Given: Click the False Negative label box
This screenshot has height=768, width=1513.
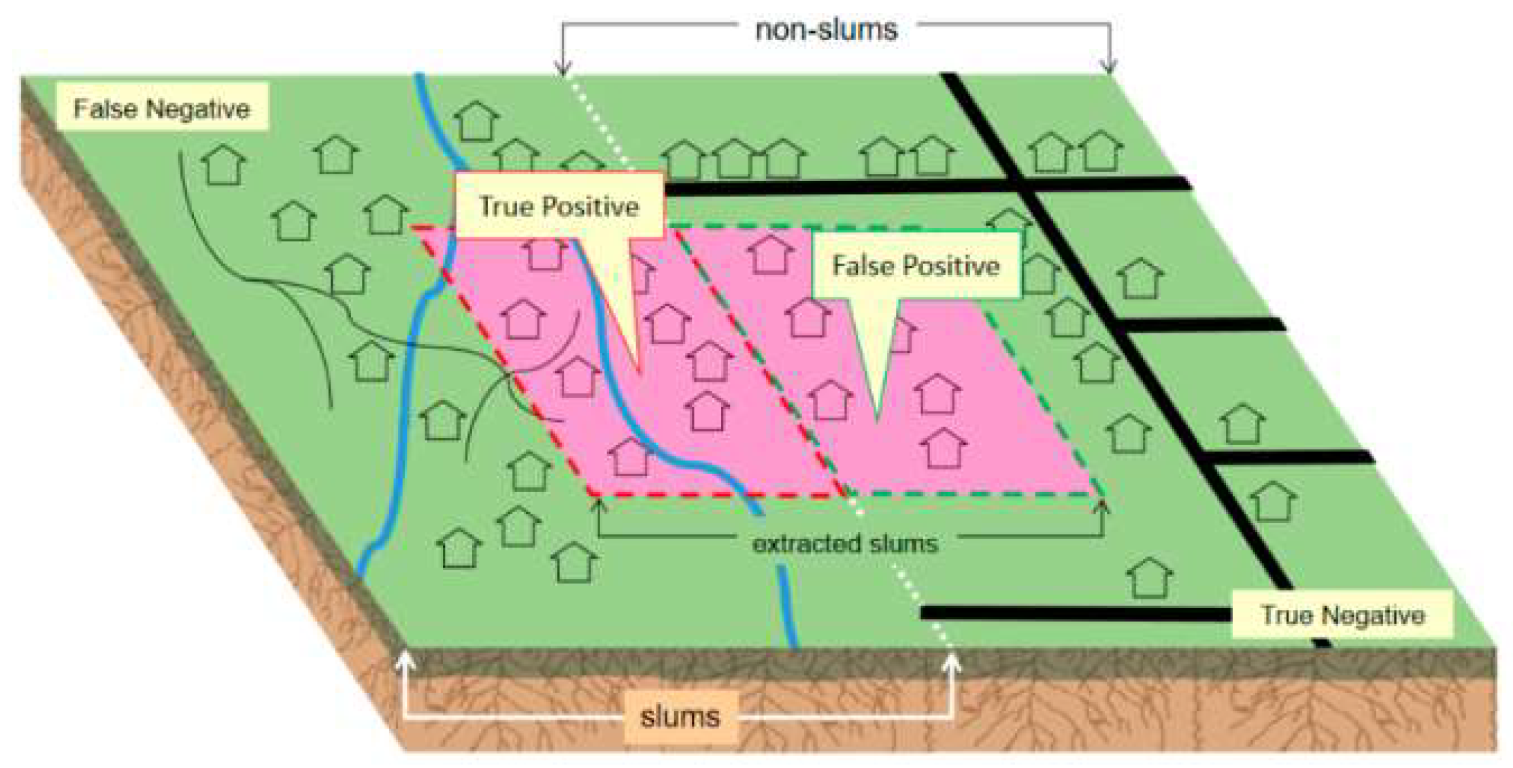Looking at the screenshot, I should click(x=162, y=107).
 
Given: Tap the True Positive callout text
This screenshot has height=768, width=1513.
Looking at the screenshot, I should click(x=559, y=206).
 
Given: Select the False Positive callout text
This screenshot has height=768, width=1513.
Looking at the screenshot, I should click(x=916, y=265).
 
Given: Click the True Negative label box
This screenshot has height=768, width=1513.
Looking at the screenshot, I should click(x=1342, y=615).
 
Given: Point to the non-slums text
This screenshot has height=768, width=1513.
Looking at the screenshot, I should click(x=826, y=30).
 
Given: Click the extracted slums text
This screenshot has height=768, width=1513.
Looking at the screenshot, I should click(x=845, y=544).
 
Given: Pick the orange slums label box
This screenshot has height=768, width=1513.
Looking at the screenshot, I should click(x=680, y=717).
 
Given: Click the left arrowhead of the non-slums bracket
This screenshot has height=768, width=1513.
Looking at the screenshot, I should click(x=563, y=68).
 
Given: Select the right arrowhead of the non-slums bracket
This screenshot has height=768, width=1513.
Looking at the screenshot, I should click(x=1109, y=68).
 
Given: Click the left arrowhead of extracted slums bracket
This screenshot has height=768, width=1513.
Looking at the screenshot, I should click(x=599, y=503).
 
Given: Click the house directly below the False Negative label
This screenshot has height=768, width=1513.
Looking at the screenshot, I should click(x=223, y=165).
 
